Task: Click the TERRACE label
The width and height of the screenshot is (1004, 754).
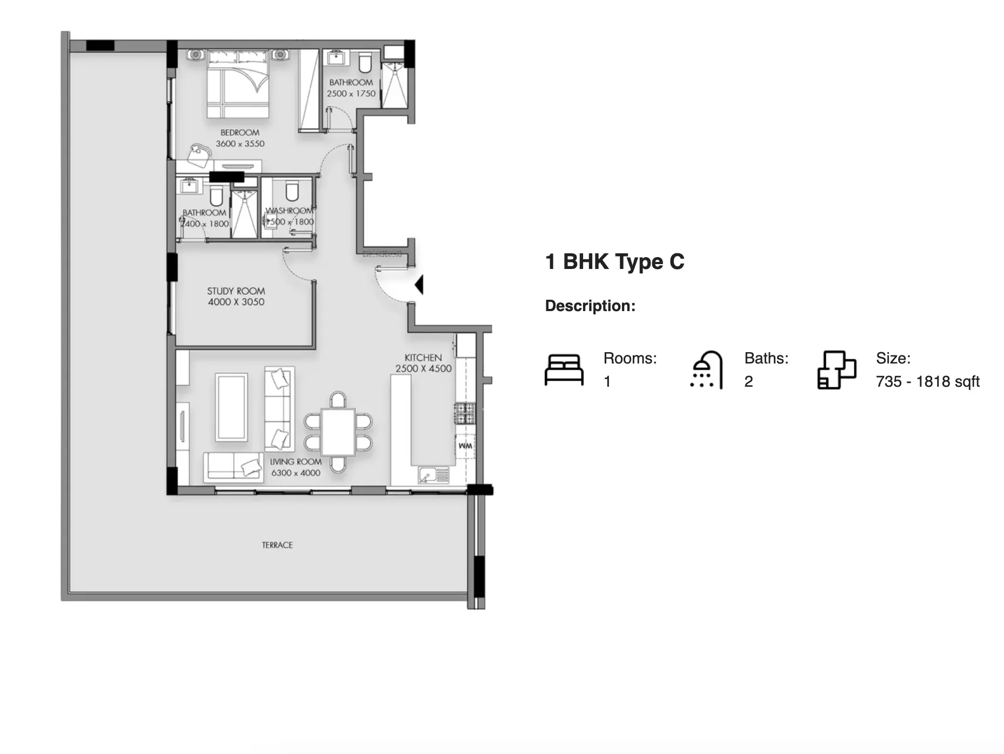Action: (x=277, y=545)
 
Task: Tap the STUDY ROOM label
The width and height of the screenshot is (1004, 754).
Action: (x=236, y=291)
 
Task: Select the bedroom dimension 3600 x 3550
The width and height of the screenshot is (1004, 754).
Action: (x=240, y=144)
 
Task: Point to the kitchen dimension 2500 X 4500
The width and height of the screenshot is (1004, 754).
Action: (x=423, y=368)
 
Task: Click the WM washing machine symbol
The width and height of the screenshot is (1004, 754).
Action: (x=465, y=446)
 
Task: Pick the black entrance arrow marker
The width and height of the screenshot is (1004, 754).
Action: (x=419, y=285)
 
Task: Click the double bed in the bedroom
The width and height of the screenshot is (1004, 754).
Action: (x=238, y=84)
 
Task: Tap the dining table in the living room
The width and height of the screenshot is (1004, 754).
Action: (x=338, y=432)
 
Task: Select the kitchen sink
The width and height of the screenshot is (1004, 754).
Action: (x=433, y=475)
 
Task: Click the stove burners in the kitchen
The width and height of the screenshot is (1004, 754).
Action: (x=465, y=413)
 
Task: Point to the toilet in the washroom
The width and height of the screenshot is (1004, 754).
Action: (x=292, y=191)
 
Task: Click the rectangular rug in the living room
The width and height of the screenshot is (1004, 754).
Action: (x=232, y=407)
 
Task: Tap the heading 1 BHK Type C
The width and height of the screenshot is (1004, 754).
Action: (x=614, y=262)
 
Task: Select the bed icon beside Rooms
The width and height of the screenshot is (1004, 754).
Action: (x=564, y=370)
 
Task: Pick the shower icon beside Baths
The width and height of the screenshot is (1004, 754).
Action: (x=706, y=370)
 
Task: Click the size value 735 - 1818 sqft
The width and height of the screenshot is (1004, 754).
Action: (x=927, y=382)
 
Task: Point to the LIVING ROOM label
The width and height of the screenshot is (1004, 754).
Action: (x=296, y=462)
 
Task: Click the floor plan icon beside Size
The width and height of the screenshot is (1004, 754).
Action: (x=836, y=370)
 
